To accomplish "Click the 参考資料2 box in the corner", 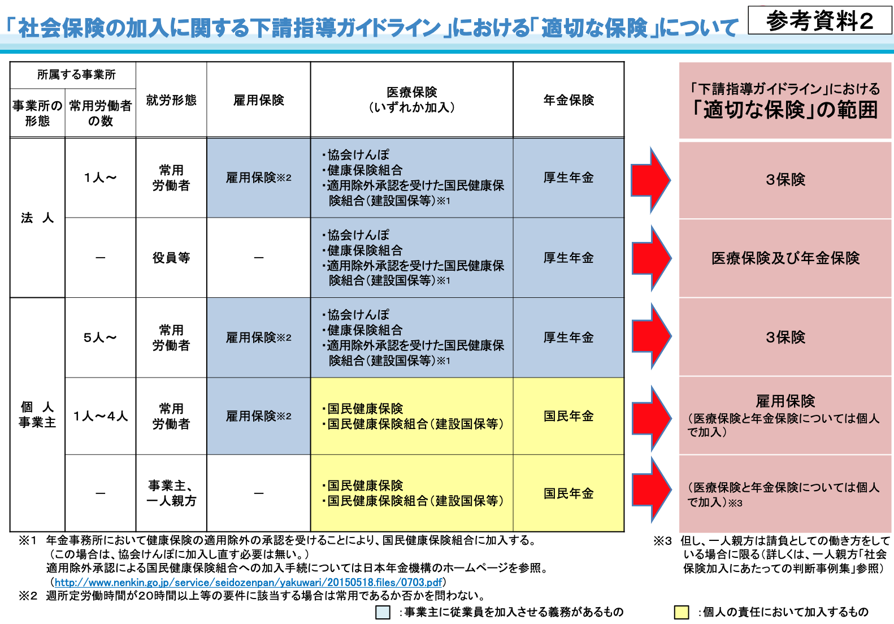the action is point(819,20).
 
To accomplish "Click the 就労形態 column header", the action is point(171,100).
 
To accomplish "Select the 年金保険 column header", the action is point(568,100).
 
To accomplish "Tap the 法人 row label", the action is point(37,218).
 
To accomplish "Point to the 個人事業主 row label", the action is point(37,414).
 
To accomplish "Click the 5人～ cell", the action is point(100,337).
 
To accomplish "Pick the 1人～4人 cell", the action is point(100,416).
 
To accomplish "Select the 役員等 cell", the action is point(171,258).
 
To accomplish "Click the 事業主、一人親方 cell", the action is point(171,493).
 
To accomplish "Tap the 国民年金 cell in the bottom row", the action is point(568,493).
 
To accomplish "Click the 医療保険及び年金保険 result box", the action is point(785,258).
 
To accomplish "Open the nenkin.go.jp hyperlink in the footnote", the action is point(248,583).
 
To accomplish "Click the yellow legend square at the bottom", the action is point(682,612).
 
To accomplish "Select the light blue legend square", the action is point(383,612).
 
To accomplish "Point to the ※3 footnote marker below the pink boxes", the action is point(662,541).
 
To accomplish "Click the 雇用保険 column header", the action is point(259,100).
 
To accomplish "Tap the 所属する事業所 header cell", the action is point(76,75).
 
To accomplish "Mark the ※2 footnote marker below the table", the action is point(28,596).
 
